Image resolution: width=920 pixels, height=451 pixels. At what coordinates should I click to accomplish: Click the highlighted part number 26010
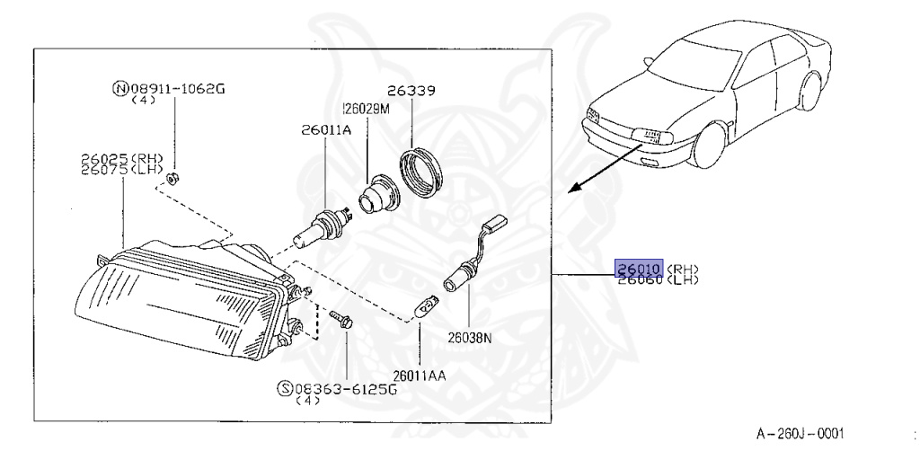(638, 269)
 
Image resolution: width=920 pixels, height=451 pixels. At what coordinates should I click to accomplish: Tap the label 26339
(411, 91)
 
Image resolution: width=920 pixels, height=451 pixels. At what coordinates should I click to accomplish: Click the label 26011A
(325, 130)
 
